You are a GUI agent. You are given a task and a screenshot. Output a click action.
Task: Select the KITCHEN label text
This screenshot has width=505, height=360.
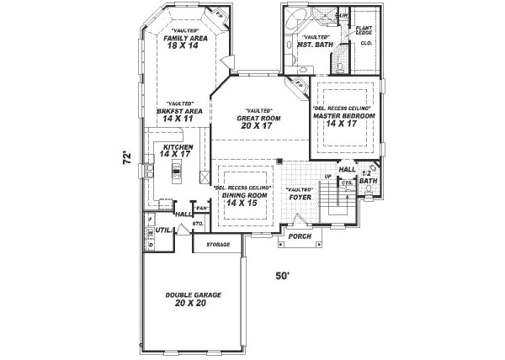[177, 147]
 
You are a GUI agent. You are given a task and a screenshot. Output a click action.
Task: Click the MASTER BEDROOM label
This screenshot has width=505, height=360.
[343, 116]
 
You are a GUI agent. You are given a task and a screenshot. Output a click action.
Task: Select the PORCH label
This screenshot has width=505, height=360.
[300, 236]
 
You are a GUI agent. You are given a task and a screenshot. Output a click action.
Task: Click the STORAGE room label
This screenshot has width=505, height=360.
[216, 245]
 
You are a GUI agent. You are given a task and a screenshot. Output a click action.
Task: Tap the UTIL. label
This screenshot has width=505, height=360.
[163, 229]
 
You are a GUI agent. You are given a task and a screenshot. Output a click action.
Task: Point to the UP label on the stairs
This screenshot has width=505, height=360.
[327, 176]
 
